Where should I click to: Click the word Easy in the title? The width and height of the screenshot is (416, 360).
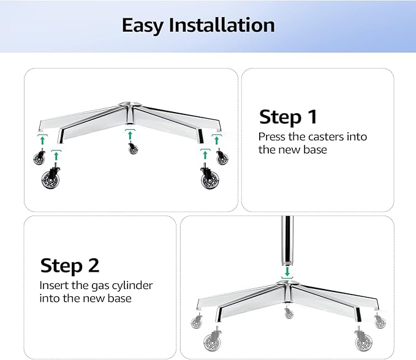[x=143, y=25]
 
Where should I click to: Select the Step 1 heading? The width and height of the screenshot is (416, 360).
[x=288, y=116]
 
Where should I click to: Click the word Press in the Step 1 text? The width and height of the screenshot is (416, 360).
[x=272, y=137]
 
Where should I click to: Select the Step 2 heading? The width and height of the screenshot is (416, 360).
[x=69, y=265]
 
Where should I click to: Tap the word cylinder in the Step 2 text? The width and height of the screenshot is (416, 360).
[x=131, y=285]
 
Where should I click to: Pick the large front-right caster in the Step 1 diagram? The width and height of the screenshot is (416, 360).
[x=209, y=179]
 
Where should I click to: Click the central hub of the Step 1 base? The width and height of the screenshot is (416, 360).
[x=130, y=105]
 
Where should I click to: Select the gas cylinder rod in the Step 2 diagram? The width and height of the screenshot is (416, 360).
[x=286, y=239]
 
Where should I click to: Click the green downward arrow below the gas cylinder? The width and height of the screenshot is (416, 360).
[x=286, y=271]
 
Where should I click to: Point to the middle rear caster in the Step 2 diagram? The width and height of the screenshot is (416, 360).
[x=289, y=313]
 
